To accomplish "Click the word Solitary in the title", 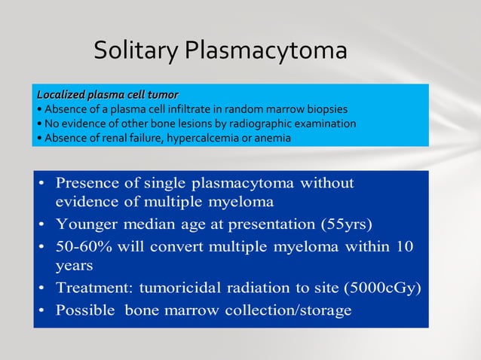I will click(135, 50).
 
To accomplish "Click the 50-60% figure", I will click(82, 246).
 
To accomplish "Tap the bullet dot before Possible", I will click(44, 310).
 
